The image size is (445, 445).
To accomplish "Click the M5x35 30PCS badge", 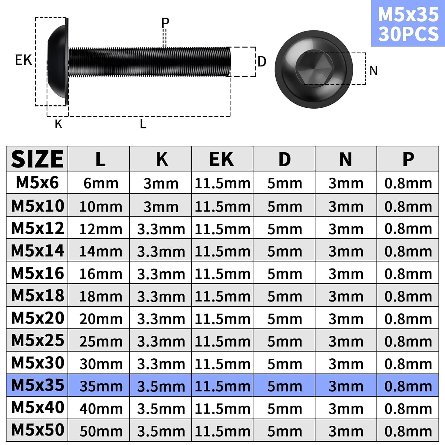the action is pyautogui.click(x=408, y=23).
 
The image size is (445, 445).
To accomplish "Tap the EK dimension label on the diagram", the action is pyautogui.click(x=23, y=60).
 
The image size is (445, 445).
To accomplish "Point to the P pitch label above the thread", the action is pyautogui.click(x=165, y=23).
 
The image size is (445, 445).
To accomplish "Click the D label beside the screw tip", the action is pyautogui.click(x=262, y=62).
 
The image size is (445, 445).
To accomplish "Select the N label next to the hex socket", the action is pyautogui.click(x=374, y=71).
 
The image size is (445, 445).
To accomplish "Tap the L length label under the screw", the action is pyautogui.click(x=143, y=124).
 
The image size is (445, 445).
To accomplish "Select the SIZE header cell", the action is pyautogui.click(x=37, y=159).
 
